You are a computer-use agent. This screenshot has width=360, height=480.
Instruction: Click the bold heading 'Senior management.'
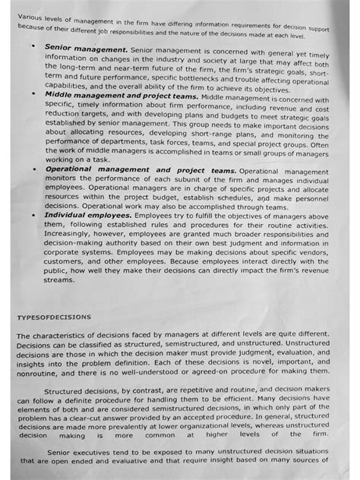(x=85, y=47)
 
